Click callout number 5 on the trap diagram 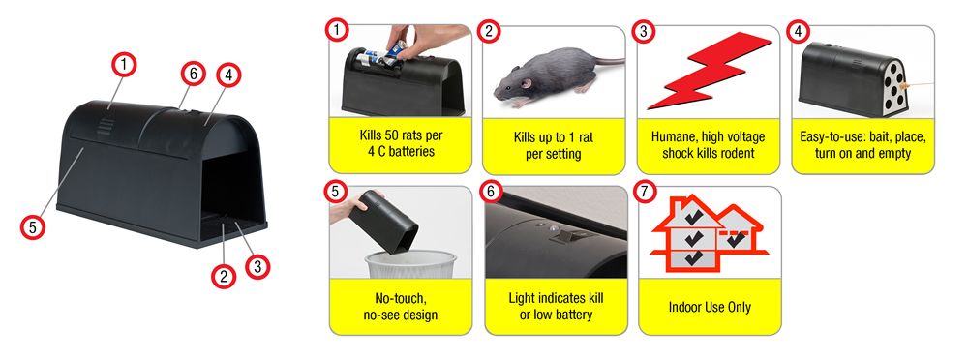(32, 227)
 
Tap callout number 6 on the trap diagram (194, 74)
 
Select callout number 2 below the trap (224, 276)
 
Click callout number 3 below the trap (257, 267)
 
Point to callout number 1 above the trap (124, 64)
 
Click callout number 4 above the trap (228, 75)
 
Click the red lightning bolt (710, 71)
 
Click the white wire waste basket (410, 264)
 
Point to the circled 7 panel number (645, 192)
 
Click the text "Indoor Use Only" (710, 307)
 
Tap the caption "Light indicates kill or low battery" (556, 306)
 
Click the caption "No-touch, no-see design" (401, 306)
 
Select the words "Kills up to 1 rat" (553, 137)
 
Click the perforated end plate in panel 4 (892, 87)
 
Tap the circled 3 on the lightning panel (644, 32)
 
